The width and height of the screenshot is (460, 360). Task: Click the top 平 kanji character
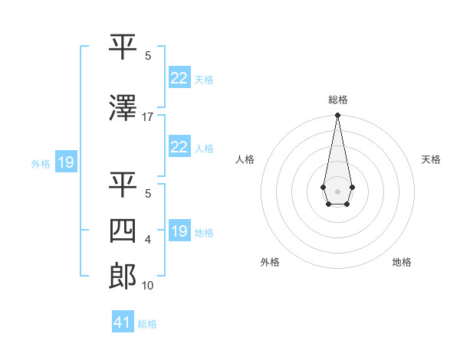coord(123,47)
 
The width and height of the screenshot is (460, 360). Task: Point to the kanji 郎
coord(123,276)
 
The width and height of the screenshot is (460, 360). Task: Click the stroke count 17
coord(148,117)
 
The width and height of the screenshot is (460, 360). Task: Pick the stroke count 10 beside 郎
coord(148,286)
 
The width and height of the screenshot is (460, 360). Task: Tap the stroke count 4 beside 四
coord(148,240)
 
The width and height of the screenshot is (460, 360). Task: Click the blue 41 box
coord(123,322)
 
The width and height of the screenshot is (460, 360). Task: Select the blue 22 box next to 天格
coord(179,78)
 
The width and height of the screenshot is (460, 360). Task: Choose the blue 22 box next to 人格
coord(179,147)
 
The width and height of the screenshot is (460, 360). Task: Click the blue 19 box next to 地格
coord(179,231)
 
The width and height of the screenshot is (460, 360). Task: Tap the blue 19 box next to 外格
coord(65,162)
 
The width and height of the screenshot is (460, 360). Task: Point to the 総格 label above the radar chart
coord(338,100)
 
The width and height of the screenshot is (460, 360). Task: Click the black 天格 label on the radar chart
coord(432,159)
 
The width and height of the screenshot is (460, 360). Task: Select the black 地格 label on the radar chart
coord(402,262)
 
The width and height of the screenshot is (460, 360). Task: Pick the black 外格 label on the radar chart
coord(270,262)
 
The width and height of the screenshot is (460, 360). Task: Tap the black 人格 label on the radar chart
coord(245,159)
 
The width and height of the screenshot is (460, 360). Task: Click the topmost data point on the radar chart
coord(337,116)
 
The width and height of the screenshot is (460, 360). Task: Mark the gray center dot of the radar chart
coord(337,190)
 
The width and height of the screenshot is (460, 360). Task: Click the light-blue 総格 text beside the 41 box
coord(147,324)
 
